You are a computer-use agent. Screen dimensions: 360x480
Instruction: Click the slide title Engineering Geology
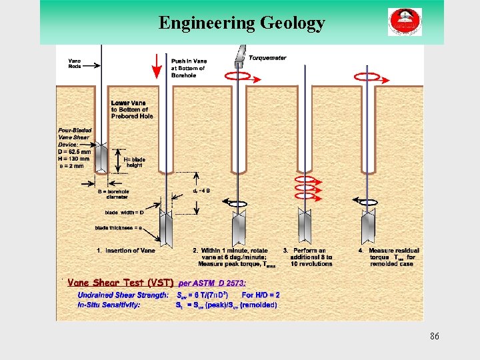pos(242,23)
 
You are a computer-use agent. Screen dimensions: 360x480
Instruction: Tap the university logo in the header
pos(405,22)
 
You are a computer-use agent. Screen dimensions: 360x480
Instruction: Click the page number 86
pos(434,336)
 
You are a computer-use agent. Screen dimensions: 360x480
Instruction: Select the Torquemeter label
pos(267,58)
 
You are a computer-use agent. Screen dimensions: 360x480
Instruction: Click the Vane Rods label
pos(75,64)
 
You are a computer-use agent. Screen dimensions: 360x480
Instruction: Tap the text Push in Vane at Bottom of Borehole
pos(188,68)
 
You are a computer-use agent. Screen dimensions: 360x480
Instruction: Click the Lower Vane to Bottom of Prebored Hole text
pos(132,109)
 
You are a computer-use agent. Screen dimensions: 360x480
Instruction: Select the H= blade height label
pos(135,161)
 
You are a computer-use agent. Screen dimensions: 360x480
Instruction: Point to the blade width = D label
pos(124,213)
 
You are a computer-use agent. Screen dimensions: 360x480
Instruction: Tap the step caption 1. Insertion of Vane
pos(125,251)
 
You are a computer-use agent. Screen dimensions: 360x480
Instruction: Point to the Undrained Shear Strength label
pos(123,295)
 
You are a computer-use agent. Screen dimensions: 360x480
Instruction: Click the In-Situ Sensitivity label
pos(110,305)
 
